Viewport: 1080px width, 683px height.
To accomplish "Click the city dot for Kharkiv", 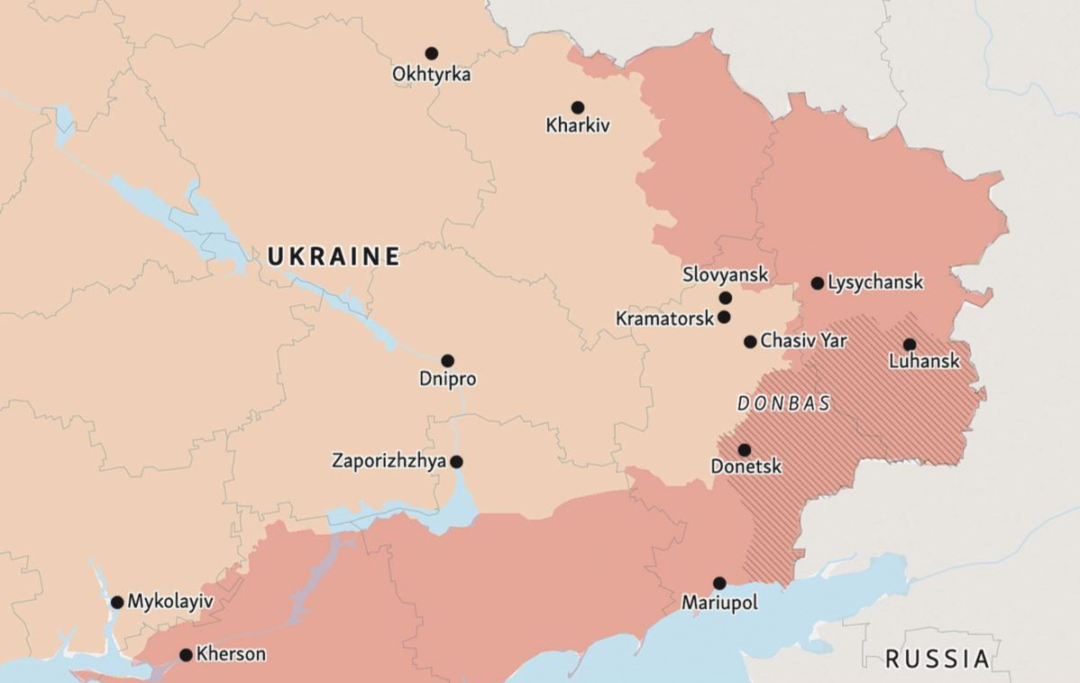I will coord(577,107).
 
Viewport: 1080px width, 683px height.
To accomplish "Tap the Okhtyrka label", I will coord(431,75).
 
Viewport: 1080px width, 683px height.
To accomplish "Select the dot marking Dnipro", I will coord(447,361).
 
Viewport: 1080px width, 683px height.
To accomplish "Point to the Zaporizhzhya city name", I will coord(389,461).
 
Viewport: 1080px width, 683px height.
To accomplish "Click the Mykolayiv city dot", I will coord(117,602).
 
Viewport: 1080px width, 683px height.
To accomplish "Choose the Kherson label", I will coord(231,654).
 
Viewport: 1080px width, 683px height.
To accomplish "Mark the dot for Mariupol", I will coord(719,583).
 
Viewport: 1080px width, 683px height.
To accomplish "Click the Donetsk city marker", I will coord(744,450).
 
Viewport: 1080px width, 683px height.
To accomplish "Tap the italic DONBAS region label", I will coord(783,404).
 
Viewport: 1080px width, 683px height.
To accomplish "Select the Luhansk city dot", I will coord(909,344).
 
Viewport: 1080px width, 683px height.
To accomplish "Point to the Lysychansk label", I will coord(874,282).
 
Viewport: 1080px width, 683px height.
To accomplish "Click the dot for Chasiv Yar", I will coord(750,341).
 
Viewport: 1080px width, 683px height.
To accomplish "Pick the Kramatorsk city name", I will coord(664,318).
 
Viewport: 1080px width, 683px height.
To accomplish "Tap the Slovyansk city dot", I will coord(725,298).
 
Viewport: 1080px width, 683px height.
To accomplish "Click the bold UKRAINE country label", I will coord(334,257).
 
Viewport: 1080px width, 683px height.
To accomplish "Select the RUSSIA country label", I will coord(938,659).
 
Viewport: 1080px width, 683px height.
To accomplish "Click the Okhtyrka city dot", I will coord(432,53).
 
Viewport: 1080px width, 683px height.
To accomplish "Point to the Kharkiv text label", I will coord(577,126).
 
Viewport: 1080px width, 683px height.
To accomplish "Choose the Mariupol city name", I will coord(719,603).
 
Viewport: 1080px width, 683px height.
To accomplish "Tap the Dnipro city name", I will coord(447,380).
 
